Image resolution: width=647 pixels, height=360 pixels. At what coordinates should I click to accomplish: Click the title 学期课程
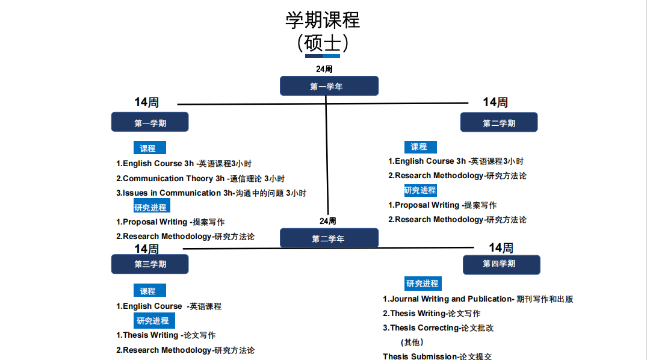click(323, 20)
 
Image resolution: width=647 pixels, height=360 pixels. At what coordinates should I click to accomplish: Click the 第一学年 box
click(329, 86)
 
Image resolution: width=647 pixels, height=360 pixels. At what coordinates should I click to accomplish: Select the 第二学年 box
click(329, 238)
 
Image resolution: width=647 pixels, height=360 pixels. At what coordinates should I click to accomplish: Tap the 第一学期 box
click(150, 122)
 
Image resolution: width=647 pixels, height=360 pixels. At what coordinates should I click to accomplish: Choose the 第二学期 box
click(499, 122)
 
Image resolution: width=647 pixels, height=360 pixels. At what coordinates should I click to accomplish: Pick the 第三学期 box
click(150, 264)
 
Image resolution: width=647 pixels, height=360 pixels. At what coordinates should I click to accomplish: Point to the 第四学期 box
click(501, 265)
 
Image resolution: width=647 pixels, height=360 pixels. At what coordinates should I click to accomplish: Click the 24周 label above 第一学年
click(324, 69)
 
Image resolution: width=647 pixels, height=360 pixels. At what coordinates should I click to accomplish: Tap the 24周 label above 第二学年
click(327, 221)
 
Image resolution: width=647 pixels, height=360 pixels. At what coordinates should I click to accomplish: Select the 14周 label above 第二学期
click(495, 102)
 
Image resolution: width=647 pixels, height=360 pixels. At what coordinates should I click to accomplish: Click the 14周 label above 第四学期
click(501, 247)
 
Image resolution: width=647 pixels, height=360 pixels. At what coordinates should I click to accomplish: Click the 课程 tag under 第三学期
click(150, 290)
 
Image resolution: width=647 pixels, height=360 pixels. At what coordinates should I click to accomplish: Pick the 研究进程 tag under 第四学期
click(423, 283)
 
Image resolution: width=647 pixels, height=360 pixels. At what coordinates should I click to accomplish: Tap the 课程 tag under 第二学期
click(421, 147)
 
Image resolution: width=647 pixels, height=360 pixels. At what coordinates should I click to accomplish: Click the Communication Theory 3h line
click(200, 178)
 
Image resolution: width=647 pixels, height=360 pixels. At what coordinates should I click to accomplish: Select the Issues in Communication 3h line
click(211, 193)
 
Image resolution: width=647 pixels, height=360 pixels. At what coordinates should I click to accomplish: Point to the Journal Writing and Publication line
click(478, 299)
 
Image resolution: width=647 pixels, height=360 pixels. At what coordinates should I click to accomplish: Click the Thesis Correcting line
click(438, 328)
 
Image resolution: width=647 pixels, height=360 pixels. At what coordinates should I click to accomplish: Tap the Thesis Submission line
click(438, 356)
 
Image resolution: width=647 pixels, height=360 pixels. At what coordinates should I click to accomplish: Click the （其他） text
click(412, 343)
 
